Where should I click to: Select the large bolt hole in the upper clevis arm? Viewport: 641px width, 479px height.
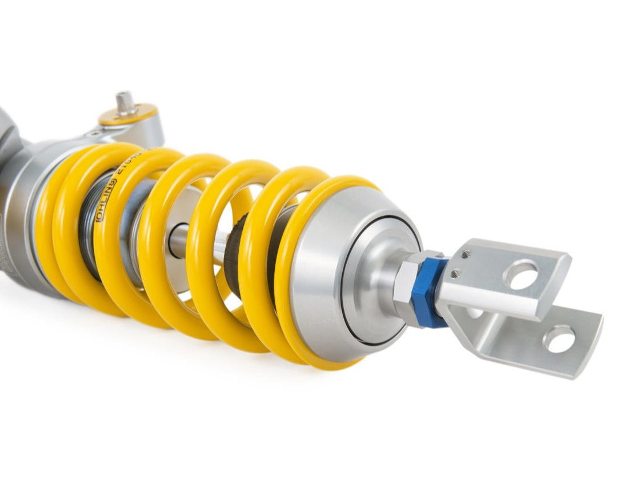(x=520, y=274)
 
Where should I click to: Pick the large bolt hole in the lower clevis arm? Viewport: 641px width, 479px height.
(x=559, y=339)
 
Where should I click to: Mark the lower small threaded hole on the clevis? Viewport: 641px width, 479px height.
(x=455, y=274)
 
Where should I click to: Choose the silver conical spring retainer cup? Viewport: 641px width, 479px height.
(x=320, y=274)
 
